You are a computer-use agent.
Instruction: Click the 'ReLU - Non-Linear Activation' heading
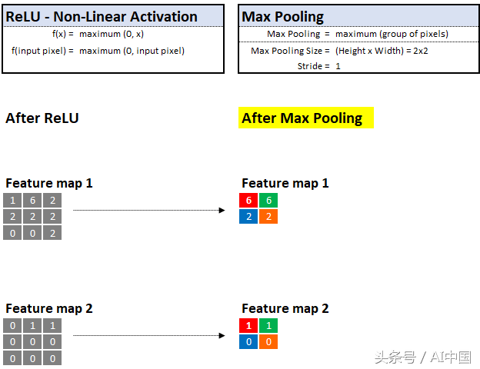pyautogui.click(x=102, y=16)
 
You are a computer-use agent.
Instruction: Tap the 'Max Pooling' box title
pyautogui.click(x=282, y=17)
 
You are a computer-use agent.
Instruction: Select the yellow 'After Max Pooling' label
pyautogui.click(x=306, y=118)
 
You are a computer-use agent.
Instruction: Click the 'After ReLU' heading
pyautogui.click(x=42, y=118)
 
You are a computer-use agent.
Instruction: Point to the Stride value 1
pyautogui.click(x=338, y=66)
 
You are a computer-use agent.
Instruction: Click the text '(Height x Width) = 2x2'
pyautogui.click(x=382, y=51)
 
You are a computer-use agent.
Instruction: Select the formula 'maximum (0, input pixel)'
pyautogui.click(x=132, y=51)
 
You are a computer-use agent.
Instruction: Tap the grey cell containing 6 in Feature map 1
pyautogui.click(x=32, y=201)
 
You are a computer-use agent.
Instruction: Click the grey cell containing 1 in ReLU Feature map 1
pyautogui.click(x=12, y=201)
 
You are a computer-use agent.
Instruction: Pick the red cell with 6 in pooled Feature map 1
pyautogui.click(x=248, y=201)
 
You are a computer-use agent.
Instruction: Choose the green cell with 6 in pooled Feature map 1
pyautogui.click(x=268, y=201)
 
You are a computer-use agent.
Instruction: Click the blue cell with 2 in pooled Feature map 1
pyautogui.click(x=248, y=216)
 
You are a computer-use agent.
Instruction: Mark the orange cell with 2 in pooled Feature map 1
pyautogui.click(x=268, y=216)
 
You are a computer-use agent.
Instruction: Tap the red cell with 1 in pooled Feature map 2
pyautogui.click(x=248, y=325)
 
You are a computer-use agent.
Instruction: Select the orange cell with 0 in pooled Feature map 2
pyautogui.click(x=268, y=341)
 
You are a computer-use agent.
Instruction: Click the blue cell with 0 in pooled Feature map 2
pyautogui.click(x=248, y=341)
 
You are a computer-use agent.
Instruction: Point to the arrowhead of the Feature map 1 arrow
pyautogui.click(x=222, y=210)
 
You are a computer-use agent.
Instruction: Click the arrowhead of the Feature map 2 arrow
pyautogui.click(x=222, y=336)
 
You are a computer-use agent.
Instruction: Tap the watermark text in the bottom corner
pyautogui.click(x=423, y=357)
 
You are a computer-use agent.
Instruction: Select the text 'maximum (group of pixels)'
pyautogui.click(x=392, y=34)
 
